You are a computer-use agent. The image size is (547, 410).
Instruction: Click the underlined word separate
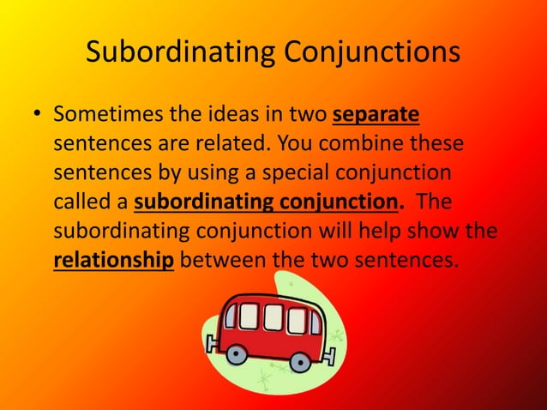tap(375, 114)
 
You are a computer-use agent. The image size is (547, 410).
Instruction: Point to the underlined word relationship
tap(113, 258)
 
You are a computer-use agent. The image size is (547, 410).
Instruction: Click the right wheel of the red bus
tap(299, 362)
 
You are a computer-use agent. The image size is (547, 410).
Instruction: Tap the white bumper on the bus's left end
tap(212, 344)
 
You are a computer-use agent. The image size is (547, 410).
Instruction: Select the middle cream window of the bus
tap(272, 318)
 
